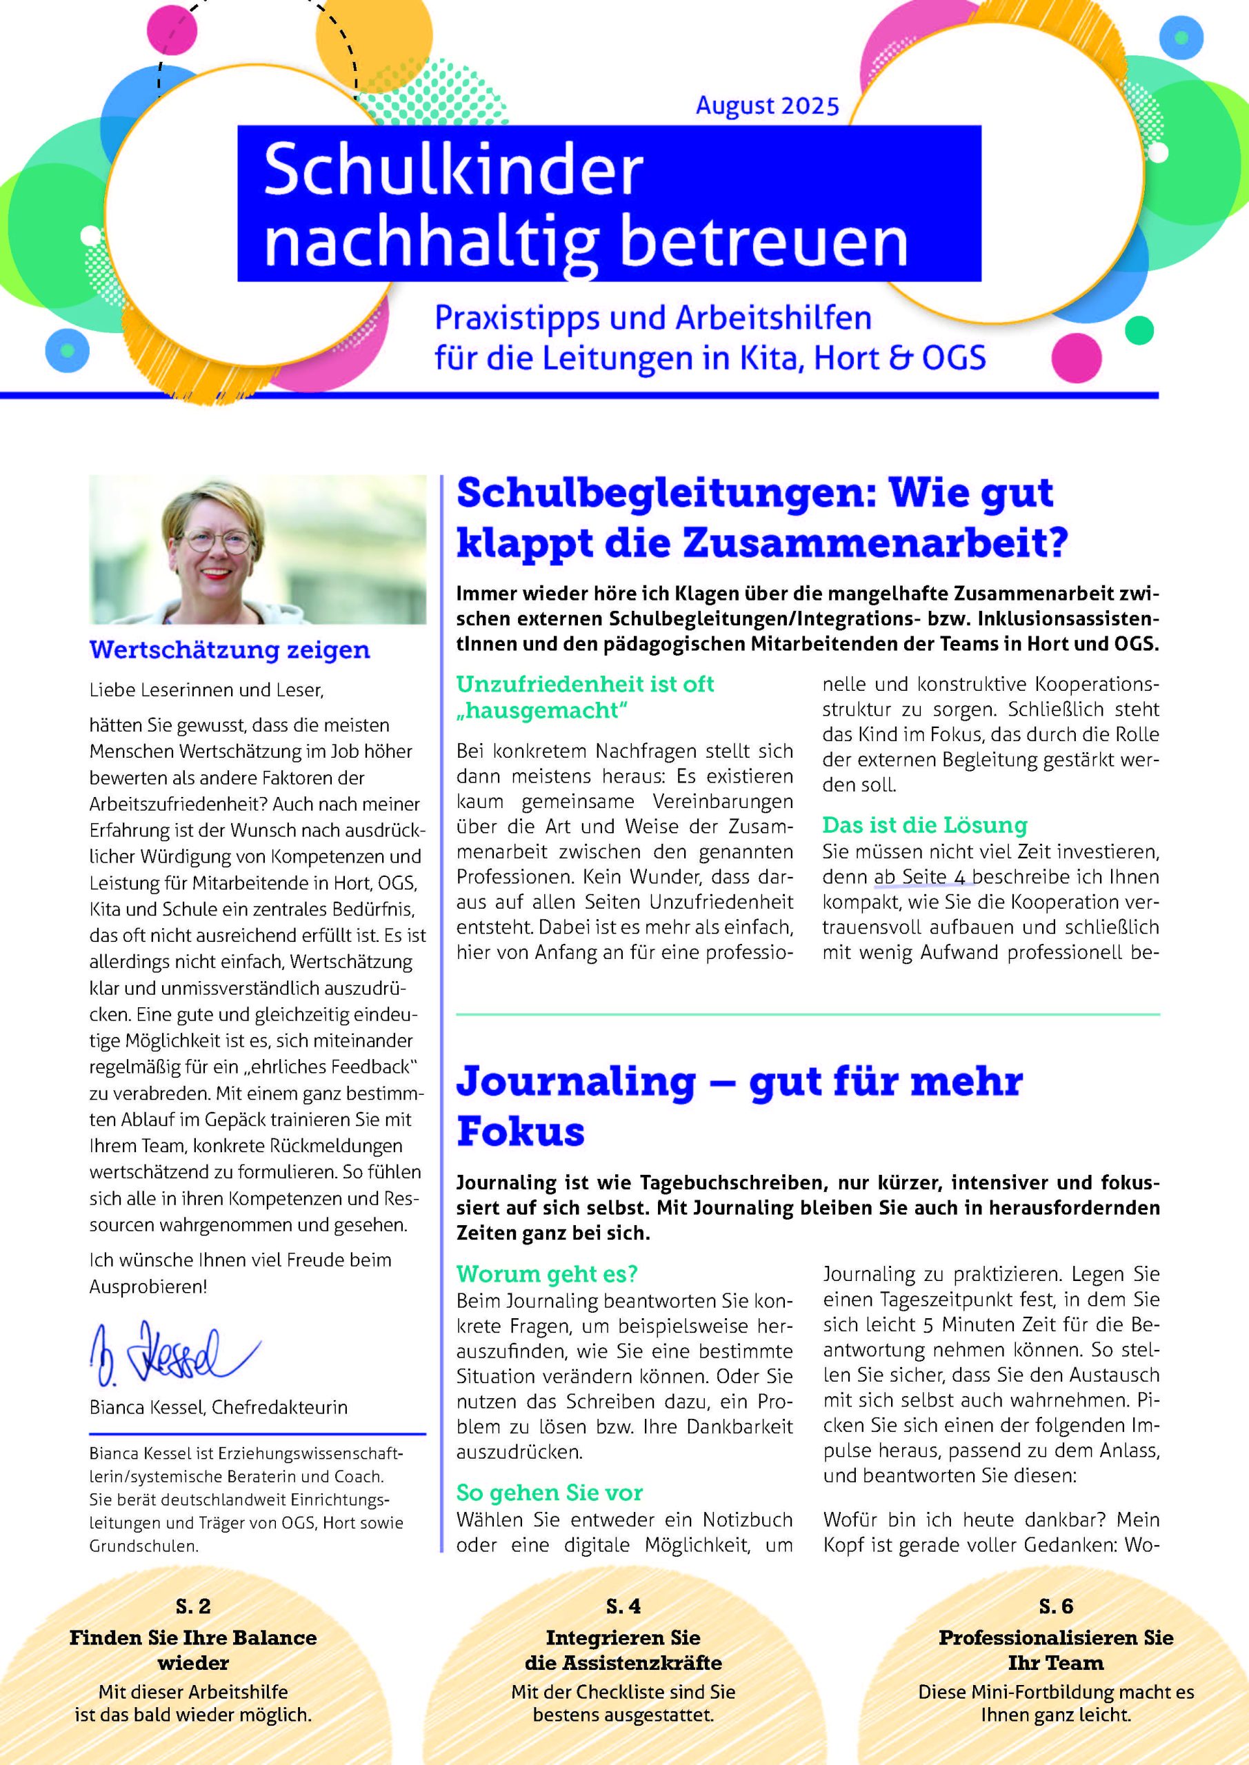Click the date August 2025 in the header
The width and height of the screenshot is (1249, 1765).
(x=767, y=105)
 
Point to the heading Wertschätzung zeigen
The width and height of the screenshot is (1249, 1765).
(x=229, y=649)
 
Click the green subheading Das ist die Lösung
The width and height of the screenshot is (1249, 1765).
(x=924, y=825)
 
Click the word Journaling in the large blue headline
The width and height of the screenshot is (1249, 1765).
(x=576, y=1081)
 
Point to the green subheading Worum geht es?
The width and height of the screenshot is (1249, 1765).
(x=547, y=1274)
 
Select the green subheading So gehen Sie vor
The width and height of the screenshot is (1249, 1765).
(x=549, y=1492)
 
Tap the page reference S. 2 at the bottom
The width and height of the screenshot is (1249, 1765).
(x=193, y=1606)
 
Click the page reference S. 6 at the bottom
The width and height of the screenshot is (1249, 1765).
(x=1055, y=1606)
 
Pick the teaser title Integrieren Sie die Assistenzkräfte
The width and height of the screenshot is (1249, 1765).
(x=623, y=1650)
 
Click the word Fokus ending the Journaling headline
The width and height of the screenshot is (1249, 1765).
(x=521, y=1131)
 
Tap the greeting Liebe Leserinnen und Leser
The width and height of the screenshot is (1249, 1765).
(x=206, y=689)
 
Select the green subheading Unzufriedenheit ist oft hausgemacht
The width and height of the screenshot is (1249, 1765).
(x=586, y=696)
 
